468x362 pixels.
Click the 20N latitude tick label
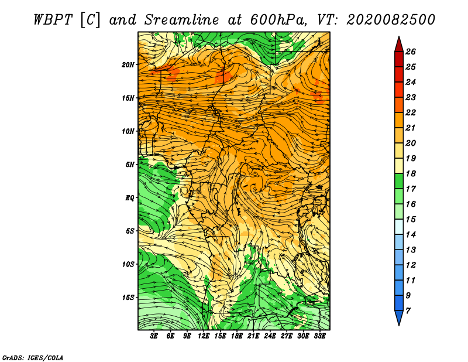128,64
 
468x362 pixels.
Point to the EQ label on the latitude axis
129,197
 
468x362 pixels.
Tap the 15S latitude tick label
128,298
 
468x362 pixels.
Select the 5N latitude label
130,165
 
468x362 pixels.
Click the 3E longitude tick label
154,336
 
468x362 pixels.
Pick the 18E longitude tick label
237,336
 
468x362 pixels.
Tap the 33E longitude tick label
319,336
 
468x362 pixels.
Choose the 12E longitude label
204,336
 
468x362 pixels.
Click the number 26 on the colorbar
411,52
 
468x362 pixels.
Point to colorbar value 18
411,173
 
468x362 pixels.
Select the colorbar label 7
408,311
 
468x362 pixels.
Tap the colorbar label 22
411,112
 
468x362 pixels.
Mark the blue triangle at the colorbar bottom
399,317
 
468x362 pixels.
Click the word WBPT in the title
53,20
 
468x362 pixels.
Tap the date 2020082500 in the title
391,20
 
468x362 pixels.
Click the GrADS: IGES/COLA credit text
33,357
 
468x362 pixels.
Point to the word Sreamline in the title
181,20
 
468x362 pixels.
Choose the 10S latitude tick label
128,264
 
